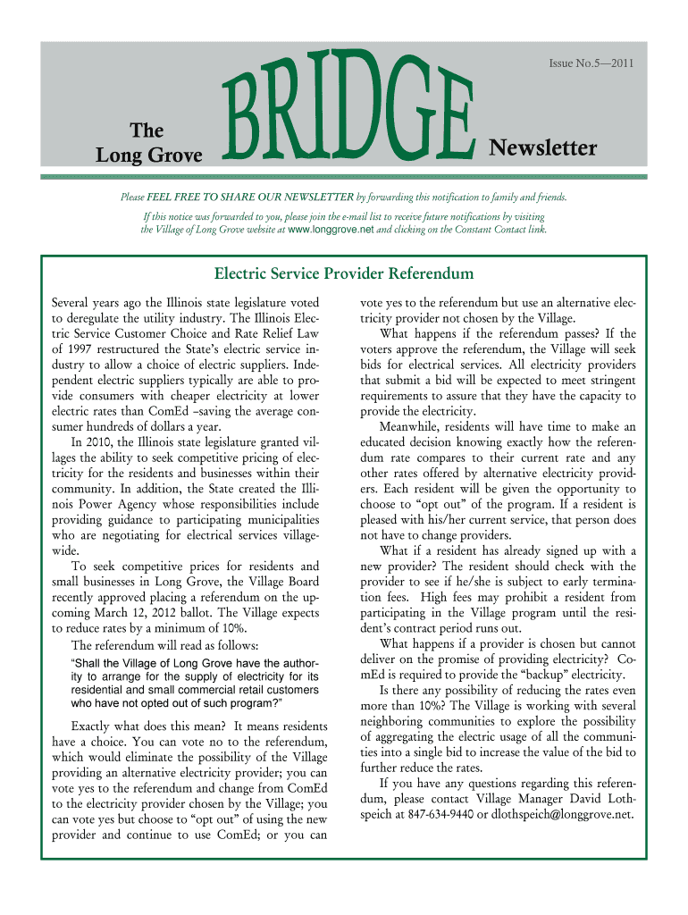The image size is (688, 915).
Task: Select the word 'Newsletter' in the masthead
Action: (542, 147)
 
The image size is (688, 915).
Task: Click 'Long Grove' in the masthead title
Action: (149, 156)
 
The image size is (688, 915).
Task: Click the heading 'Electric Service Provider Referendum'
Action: (343, 273)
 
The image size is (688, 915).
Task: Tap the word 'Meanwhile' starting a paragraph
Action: (412, 426)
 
